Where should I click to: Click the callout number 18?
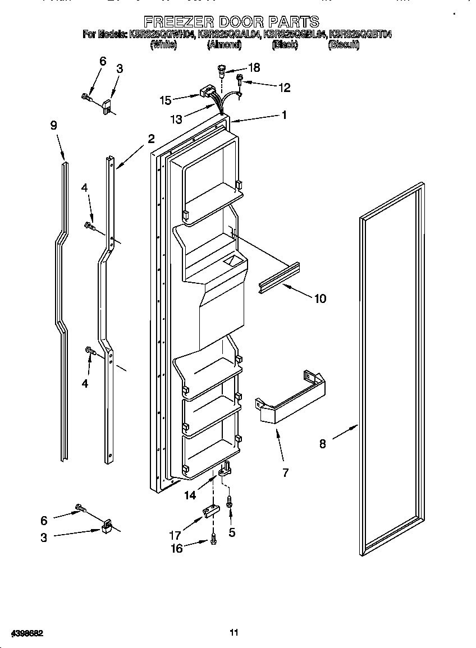(254, 68)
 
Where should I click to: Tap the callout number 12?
(285, 87)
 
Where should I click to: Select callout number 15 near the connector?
(166, 100)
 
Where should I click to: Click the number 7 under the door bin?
(285, 473)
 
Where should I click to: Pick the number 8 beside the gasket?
(323, 444)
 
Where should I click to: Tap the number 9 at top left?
(54, 126)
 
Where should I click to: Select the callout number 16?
(177, 549)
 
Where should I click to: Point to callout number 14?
(192, 495)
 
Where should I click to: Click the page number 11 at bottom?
(234, 632)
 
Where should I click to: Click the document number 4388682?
(22, 633)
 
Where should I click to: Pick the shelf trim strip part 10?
(279, 277)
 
